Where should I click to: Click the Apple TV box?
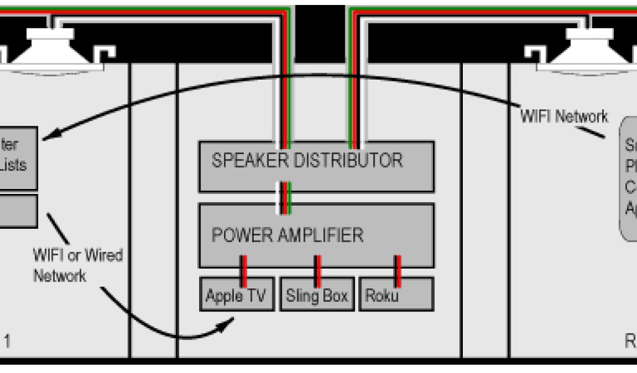point(236,294)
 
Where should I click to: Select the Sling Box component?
point(317,294)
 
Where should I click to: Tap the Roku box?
point(396,294)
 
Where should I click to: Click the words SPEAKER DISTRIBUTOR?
point(307,160)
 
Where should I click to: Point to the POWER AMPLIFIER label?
point(287,235)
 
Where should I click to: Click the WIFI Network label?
point(564,116)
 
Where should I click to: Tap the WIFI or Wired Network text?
point(78,265)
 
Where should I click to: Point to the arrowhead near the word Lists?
point(50,134)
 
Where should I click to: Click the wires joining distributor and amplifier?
point(284,198)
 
